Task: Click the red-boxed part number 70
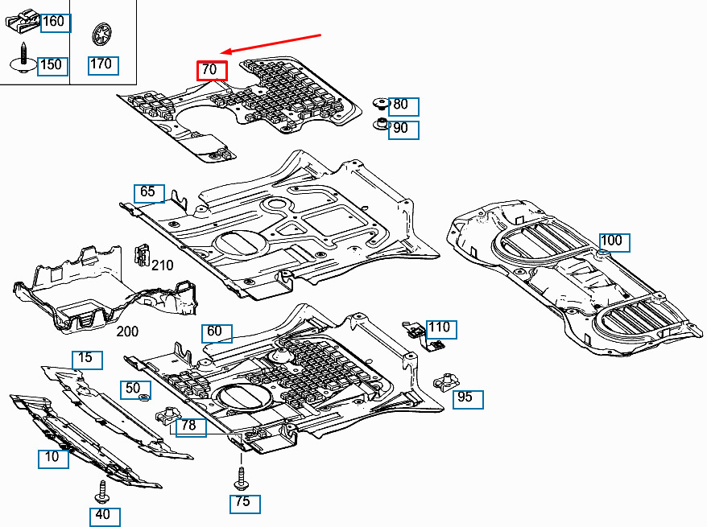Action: coord(212,71)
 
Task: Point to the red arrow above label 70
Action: coord(271,43)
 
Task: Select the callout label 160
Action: coord(56,23)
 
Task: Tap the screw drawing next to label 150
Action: coord(23,58)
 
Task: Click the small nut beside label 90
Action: coord(381,124)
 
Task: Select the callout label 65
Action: coord(149,194)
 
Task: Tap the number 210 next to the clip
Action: coord(163,266)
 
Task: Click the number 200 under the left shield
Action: coord(127,331)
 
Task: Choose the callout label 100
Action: coord(614,243)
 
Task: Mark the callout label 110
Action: coord(441,329)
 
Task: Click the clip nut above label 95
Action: coord(445,382)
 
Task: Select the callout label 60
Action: coord(217,334)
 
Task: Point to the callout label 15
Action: coord(88,360)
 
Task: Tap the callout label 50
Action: coord(135,390)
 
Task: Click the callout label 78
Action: coord(191,427)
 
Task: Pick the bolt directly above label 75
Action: coord(241,480)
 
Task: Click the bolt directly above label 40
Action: coord(101,492)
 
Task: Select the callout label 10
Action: coord(53,459)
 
